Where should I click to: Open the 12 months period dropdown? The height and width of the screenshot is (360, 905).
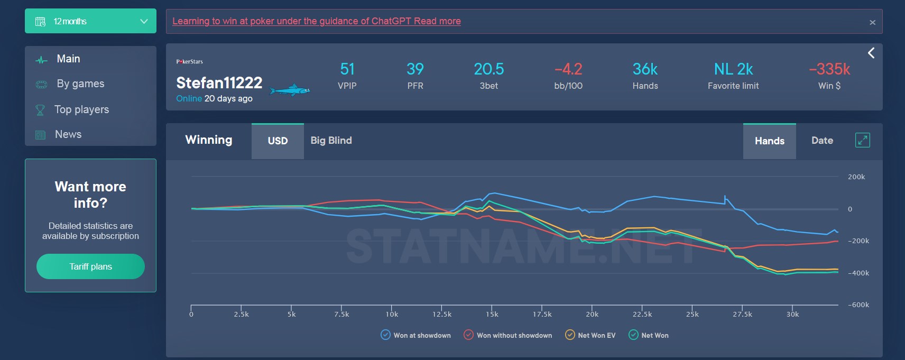coord(90,21)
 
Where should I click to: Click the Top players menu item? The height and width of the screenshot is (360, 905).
coord(81,109)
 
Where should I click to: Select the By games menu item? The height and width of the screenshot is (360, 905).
coord(80,84)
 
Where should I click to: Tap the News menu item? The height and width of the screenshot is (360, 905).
coord(68,134)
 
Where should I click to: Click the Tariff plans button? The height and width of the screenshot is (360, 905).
coord(90,266)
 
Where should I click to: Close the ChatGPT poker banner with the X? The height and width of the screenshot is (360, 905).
coord(872,22)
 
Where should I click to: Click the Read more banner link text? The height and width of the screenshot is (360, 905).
coord(437,21)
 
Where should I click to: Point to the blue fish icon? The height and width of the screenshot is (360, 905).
coord(289,90)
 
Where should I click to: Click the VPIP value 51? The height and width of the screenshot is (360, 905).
coord(347,69)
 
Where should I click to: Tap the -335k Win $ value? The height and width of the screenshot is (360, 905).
coord(829,69)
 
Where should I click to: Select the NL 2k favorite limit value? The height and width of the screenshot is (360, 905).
coord(733,69)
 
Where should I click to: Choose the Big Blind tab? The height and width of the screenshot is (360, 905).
coord(331,141)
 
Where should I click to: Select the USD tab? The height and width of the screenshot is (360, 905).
coord(278,141)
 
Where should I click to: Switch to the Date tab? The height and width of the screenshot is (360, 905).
coord(822,141)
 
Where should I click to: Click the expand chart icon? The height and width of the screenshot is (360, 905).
coord(862,140)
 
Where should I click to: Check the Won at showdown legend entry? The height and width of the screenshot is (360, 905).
coord(386,335)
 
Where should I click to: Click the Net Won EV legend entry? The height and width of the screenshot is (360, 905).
coord(570,335)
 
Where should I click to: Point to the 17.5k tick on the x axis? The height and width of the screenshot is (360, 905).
coord(542,314)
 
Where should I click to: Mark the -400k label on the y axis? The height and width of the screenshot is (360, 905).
coord(858,273)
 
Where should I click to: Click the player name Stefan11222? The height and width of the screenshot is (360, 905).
coord(219,83)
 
